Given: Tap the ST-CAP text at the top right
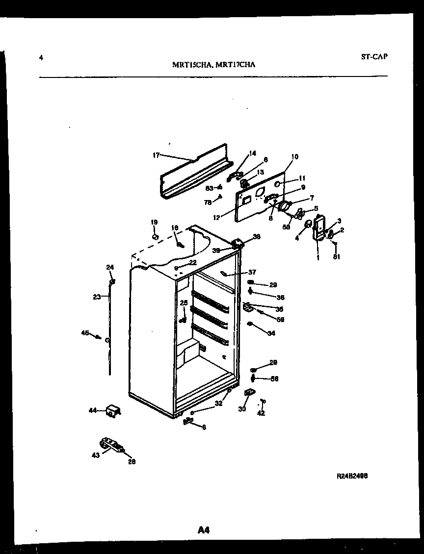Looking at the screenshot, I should [374, 56].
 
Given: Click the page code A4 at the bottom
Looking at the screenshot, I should [204, 529].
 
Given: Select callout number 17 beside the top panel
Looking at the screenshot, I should [156, 155].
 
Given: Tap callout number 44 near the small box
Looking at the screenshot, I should [93, 410].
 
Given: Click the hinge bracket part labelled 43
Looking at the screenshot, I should [110, 446].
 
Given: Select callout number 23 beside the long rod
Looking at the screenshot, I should [97, 296].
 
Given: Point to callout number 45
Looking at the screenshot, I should [85, 333].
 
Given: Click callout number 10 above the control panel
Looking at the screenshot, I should [294, 157].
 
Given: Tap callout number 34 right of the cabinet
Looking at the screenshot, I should [271, 333].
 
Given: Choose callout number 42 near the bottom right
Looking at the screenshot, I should [261, 413].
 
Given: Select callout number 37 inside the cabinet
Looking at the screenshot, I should [252, 272].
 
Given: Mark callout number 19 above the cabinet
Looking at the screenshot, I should [154, 222].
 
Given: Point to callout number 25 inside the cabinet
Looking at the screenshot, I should [184, 302].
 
